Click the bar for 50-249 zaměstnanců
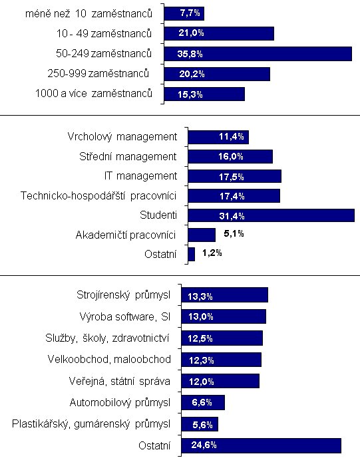click(258, 54)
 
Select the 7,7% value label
click(190, 13)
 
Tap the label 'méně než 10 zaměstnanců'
click(89, 14)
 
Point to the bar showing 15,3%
click(204, 94)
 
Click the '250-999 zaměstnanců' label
click(98, 73)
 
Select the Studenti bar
click(271, 215)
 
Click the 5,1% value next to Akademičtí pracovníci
click(234, 233)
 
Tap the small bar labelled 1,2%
click(192, 255)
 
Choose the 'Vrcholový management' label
click(122, 137)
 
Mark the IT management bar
click(235, 176)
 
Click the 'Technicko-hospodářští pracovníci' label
click(98, 196)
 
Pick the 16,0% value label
click(231, 156)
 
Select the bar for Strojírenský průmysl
click(225, 295)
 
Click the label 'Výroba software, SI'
click(125, 316)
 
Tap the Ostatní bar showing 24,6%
click(261, 445)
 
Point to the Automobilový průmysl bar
click(203, 403)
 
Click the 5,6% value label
click(202, 424)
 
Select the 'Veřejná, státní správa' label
click(120, 381)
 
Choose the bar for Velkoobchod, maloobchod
click(222, 360)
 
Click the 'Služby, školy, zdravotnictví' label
click(107, 338)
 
